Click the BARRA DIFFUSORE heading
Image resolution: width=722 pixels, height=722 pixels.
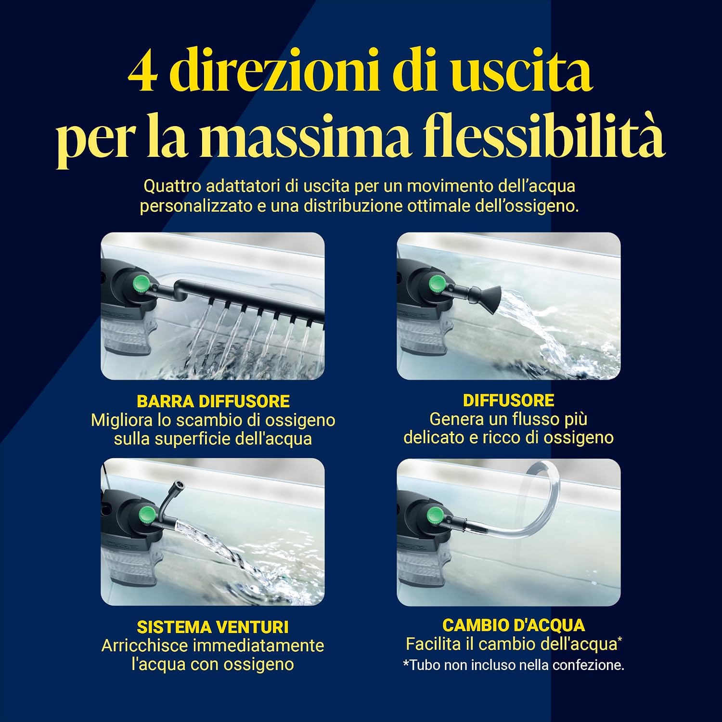tap(213, 401)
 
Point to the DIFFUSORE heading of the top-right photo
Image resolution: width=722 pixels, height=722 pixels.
tap(509, 400)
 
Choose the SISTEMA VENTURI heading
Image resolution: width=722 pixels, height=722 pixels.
tap(213, 627)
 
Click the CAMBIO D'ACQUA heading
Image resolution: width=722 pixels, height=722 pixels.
tap(514, 625)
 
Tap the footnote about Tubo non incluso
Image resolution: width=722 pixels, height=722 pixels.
tap(514, 665)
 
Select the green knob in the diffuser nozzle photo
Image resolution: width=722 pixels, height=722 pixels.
tap(438, 284)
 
